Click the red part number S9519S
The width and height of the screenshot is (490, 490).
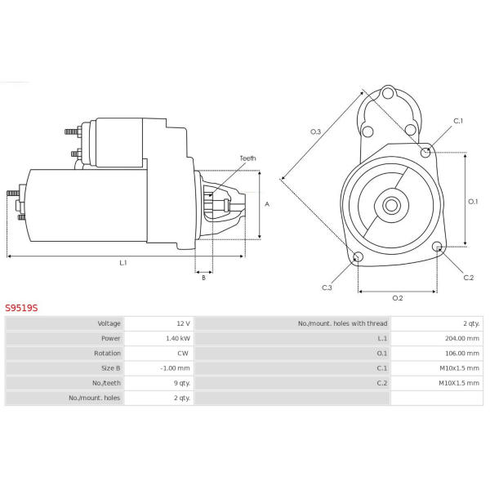21,308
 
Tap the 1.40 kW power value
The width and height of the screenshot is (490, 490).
178,338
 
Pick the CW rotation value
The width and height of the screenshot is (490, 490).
183,353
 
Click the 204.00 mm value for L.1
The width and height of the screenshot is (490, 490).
462,338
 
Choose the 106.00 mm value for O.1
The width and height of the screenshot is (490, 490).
462,353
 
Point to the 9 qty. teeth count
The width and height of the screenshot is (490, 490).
182,383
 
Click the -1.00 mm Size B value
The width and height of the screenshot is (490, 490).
175,368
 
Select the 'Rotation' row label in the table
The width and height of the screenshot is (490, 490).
107,353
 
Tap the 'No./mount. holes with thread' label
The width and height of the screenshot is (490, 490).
342,323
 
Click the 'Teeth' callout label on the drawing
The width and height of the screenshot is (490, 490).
247,158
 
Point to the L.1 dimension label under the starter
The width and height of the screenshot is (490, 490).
123,262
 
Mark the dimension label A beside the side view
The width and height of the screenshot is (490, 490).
267,204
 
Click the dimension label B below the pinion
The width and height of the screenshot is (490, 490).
203,278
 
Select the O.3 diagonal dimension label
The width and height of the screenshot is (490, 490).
315,131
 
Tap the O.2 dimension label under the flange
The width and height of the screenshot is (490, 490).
398,298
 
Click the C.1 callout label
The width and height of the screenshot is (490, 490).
458,121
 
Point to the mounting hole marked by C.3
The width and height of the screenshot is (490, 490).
358,257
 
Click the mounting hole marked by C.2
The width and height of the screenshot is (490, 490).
438,247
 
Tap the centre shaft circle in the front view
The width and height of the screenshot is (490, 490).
391,206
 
